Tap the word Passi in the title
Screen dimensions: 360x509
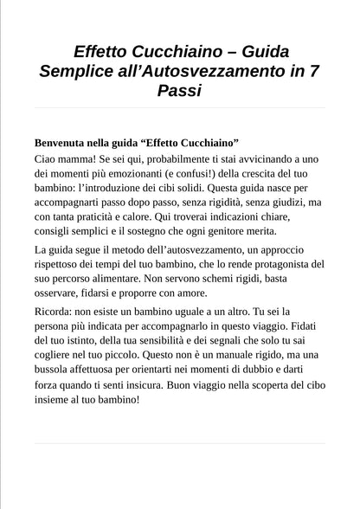tap(180, 91)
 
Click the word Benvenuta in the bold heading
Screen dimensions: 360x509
tap(67, 142)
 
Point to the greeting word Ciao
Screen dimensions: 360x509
tap(49, 159)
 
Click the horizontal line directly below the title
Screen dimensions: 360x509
tap(180, 108)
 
